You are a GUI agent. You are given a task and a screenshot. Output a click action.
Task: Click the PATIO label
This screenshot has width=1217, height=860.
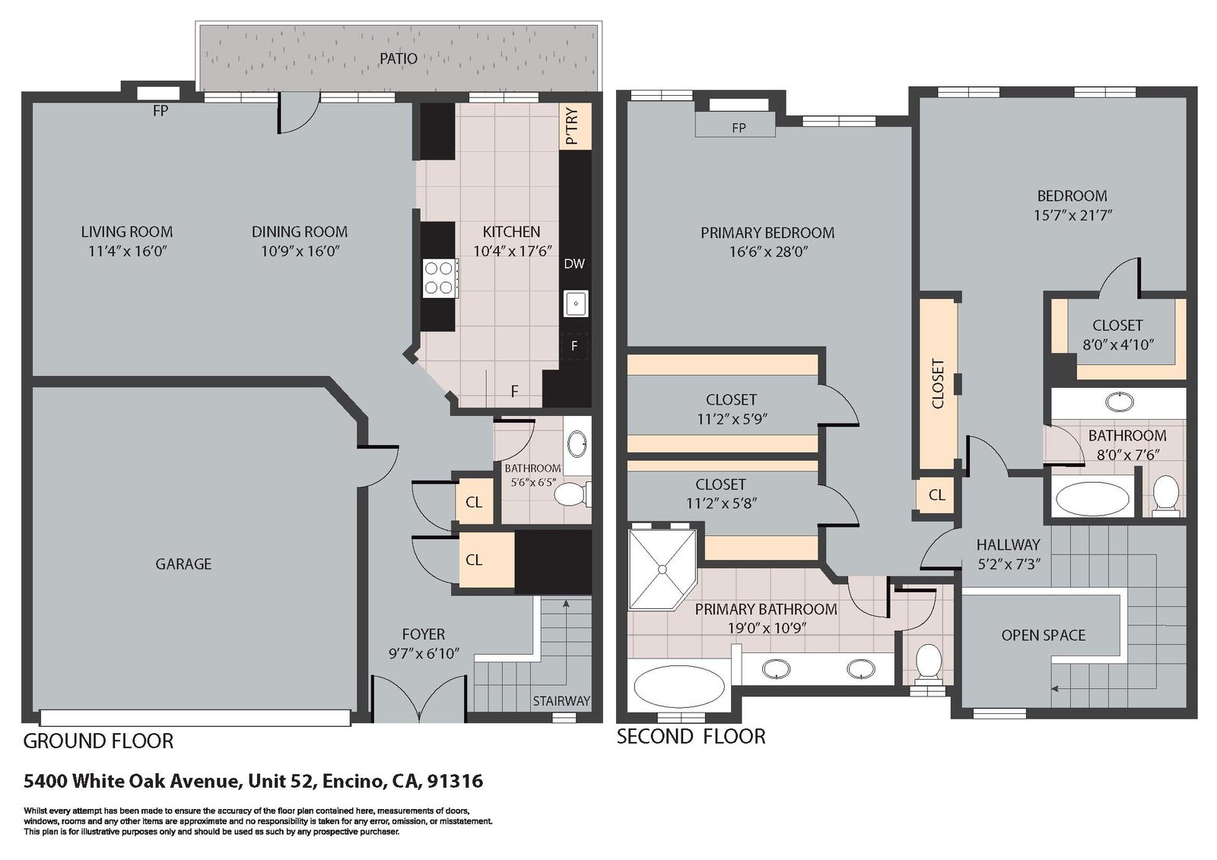coord(399,59)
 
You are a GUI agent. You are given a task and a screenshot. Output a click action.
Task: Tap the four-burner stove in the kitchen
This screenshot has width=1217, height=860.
coord(440,278)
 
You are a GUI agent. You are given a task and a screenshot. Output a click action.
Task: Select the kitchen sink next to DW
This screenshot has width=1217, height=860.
coord(575,303)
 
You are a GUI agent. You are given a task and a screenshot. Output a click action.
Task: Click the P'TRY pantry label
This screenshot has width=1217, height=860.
coord(572,126)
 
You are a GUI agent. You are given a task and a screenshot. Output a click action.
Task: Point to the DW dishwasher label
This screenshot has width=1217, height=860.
coord(574,264)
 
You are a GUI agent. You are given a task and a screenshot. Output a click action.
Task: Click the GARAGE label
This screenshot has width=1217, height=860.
coord(183,564)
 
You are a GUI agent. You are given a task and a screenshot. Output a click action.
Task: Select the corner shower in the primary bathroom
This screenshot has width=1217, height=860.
coord(663,569)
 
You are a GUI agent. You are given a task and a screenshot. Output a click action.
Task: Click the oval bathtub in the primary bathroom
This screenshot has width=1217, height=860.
coord(679,686)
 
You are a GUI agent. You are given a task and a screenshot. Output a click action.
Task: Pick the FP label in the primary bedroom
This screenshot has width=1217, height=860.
coord(739,129)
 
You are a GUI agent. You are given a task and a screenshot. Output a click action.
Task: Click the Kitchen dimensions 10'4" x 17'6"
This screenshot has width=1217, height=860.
coord(513,251)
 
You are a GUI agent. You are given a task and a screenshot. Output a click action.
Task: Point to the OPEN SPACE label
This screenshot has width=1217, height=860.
coord(1043,635)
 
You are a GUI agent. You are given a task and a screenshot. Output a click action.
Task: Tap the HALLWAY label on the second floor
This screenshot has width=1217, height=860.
coord(1008,544)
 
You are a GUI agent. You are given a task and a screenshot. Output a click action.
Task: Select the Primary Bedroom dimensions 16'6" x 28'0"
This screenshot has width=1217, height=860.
coord(768,252)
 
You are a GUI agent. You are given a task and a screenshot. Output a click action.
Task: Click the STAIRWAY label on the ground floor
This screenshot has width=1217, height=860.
coord(561,701)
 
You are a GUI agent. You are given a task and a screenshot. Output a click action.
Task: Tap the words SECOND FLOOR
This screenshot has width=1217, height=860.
coord(691,737)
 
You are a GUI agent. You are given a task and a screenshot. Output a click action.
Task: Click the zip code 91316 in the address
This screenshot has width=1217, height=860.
coord(455,781)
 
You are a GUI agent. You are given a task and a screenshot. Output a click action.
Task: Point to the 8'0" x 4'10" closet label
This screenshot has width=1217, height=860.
coord(1118,345)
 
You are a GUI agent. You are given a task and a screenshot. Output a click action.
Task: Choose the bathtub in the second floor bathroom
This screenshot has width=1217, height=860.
coord(1092,499)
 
